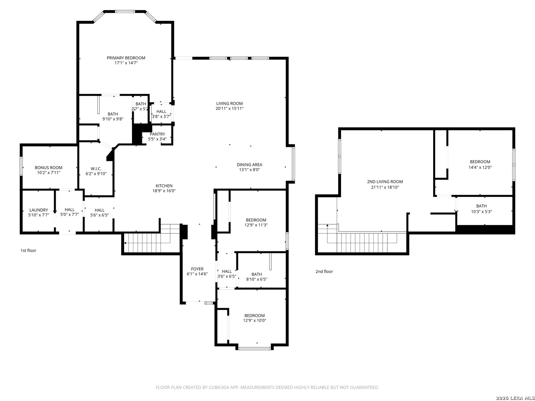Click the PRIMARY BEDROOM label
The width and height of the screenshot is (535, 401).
pos(126,58)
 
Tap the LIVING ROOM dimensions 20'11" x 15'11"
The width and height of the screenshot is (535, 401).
pos(229,108)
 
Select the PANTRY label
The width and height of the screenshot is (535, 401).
pos(157,134)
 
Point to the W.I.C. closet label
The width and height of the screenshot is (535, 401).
pos(96,169)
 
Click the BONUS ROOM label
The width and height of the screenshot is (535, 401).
pos(49,167)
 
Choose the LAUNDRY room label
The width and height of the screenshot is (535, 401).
pos(39,210)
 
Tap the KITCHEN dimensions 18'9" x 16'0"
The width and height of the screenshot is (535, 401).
pos(164,191)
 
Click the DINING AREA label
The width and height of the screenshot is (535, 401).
pos(249,164)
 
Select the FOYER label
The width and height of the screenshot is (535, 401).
pos(197,269)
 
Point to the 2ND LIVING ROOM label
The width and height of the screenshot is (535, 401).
pos(385,182)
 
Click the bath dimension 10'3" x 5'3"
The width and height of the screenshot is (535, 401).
pos(481,212)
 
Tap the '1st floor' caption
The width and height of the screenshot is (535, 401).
pos(28,250)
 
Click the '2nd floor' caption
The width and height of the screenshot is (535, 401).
pos(324,271)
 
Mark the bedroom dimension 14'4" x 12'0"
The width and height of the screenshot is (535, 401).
pos(480,167)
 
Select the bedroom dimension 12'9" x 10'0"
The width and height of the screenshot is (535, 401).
pos(254,320)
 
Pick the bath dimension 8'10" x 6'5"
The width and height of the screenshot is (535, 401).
pos(257,279)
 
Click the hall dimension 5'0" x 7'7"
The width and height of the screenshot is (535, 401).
pos(70,215)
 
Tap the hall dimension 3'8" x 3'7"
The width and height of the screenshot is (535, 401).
pos(161,116)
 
